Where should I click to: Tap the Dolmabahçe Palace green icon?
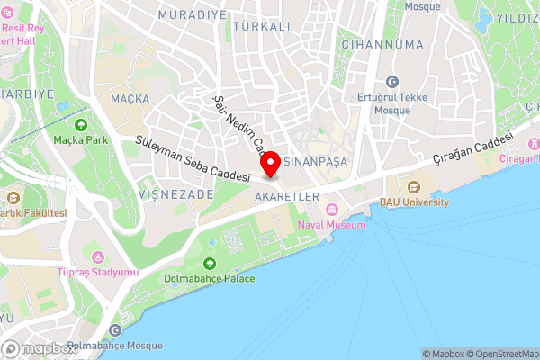tap(210, 263)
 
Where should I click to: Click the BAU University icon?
tap(414, 187)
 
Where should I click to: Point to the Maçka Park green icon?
tap(82, 125)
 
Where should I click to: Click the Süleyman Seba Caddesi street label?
tap(192, 159)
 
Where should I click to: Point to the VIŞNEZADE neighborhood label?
tap(175, 193)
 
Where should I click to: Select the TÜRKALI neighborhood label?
tap(260, 27)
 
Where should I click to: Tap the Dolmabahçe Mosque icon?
tap(114, 331)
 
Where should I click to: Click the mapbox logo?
tap(38, 348)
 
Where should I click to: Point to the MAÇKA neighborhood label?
tap(128, 97)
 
